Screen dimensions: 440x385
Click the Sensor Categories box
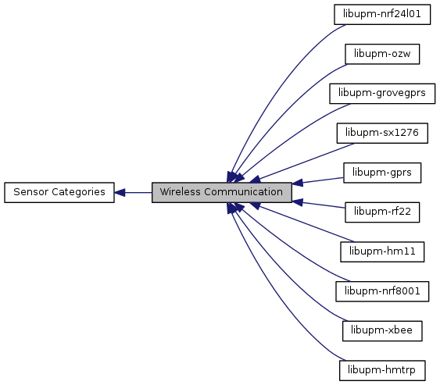[59, 192]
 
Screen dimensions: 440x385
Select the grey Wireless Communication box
[222, 192]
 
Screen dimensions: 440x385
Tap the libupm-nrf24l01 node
[382, 14]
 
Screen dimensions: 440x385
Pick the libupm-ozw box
[382, 54]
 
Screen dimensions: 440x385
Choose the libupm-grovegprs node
[382, 94]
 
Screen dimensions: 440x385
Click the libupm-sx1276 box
[382, 133]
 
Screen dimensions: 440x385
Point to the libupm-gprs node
[382, 173]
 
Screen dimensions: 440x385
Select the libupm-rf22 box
[382, 212]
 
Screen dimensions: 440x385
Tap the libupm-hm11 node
[382, 251]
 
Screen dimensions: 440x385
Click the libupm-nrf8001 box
[382, 291]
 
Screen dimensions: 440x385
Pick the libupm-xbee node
[382, 331]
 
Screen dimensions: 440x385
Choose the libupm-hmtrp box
[382, 370]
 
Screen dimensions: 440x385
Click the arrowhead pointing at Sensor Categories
[120, 193]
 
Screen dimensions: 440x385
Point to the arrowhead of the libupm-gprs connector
[298, 183]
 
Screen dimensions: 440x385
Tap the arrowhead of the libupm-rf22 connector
[298, 202]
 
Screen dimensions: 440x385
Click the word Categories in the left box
[78, 192]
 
